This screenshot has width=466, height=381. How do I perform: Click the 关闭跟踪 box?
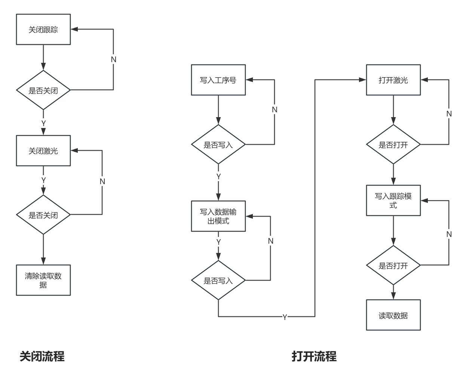pyautogui.click(x=43, y=30)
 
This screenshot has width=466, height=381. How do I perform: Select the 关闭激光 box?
pyautogui.click(x=43, y=151)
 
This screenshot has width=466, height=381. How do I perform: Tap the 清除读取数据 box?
pyautogui.click(x=43, y=280)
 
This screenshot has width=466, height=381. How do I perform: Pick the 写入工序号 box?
pyautogui.click(x=218, y=80)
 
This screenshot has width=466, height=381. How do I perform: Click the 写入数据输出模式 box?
pyautogui.click(x=218, y=216)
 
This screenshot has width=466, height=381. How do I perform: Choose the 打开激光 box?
pyautogui.click(x=393, y=80)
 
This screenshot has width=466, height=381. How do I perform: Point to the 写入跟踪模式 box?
pyautogui.click(x=393, y=201)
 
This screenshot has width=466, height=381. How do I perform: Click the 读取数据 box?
pyautogui.click(x=393, y=315)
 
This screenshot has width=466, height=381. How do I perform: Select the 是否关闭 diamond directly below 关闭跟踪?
pyautogui.click(x=43, y=90)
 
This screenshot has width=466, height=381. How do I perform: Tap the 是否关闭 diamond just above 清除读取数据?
pyautogui.click(x=43, y=215)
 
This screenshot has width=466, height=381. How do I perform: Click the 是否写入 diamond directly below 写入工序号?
pyautogui.click(x=218, y=144)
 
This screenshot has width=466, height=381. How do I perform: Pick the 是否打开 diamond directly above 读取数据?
pyautogui.click(x=393, y=265)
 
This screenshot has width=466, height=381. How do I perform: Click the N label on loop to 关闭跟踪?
pyautogui.click(x=114, y=59)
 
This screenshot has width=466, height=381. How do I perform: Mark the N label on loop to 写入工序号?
pyautogui.click(x=275, y=109)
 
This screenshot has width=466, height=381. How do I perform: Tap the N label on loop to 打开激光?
pyautogui.click(x=449, y=113)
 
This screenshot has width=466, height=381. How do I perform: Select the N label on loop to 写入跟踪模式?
pyautogui.click(x=449, y=234)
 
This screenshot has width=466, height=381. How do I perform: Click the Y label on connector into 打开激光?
pyautogui.click(x=285, y=317)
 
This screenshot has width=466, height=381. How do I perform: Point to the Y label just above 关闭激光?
pyautogui.click(x=44, y=123)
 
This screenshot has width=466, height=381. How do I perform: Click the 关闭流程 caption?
pyautogui.click(x=42, y=356)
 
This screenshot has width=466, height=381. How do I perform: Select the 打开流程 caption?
pyautogui.click(x=314, y=356)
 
